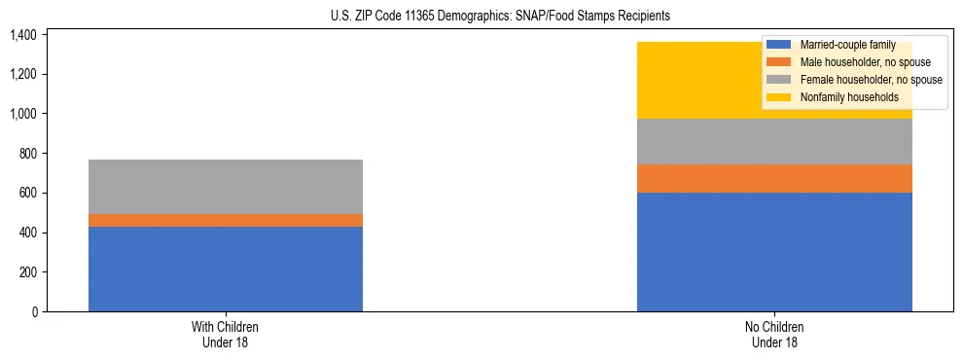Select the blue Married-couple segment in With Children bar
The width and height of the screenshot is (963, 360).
coord(226,269)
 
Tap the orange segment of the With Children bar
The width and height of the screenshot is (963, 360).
coord(226,220)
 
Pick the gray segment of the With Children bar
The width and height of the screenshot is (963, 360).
coord(226,187)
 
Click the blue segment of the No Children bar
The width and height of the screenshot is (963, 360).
coord(774,252)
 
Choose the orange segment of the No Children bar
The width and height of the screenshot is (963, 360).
coord(774,178)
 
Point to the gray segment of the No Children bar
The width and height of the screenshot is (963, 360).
coord(774,142)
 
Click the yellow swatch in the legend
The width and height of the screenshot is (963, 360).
coord(779,97)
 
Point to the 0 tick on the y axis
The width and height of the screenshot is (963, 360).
coord(33,312)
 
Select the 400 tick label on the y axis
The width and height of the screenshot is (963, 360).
coord(26,234)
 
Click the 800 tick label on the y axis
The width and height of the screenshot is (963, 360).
coord(26,154)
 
